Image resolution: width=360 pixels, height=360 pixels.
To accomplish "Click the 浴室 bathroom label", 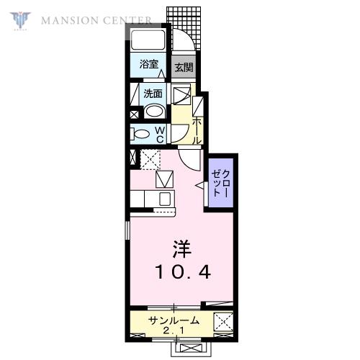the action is [149, 64].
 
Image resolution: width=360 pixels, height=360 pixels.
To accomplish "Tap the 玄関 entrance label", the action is [184, 68].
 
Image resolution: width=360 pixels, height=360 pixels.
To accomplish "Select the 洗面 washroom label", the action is [153, 94].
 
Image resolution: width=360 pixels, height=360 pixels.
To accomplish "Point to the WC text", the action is [160, 135].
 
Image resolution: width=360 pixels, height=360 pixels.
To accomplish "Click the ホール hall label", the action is [197, 131].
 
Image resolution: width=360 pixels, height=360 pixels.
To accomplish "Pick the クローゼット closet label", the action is [221, 183].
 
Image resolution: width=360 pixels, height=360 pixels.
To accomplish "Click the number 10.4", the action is [184, 272].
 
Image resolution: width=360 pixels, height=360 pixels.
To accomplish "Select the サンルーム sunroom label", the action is [174, 320].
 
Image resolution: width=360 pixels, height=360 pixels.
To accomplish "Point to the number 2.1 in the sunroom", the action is [174, 331].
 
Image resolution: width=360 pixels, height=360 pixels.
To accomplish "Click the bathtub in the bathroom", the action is [148, 40].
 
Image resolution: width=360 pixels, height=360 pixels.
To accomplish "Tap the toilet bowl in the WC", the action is [140, 134].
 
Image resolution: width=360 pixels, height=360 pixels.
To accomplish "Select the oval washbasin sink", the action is [155, 111].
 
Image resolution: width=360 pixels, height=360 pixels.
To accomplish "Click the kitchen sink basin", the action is [165, 199].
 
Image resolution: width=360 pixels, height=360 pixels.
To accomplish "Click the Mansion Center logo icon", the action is [20, 21].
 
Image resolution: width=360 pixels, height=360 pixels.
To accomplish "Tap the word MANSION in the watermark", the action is [69, 21].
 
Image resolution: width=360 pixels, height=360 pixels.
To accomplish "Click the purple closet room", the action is [221, 183].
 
